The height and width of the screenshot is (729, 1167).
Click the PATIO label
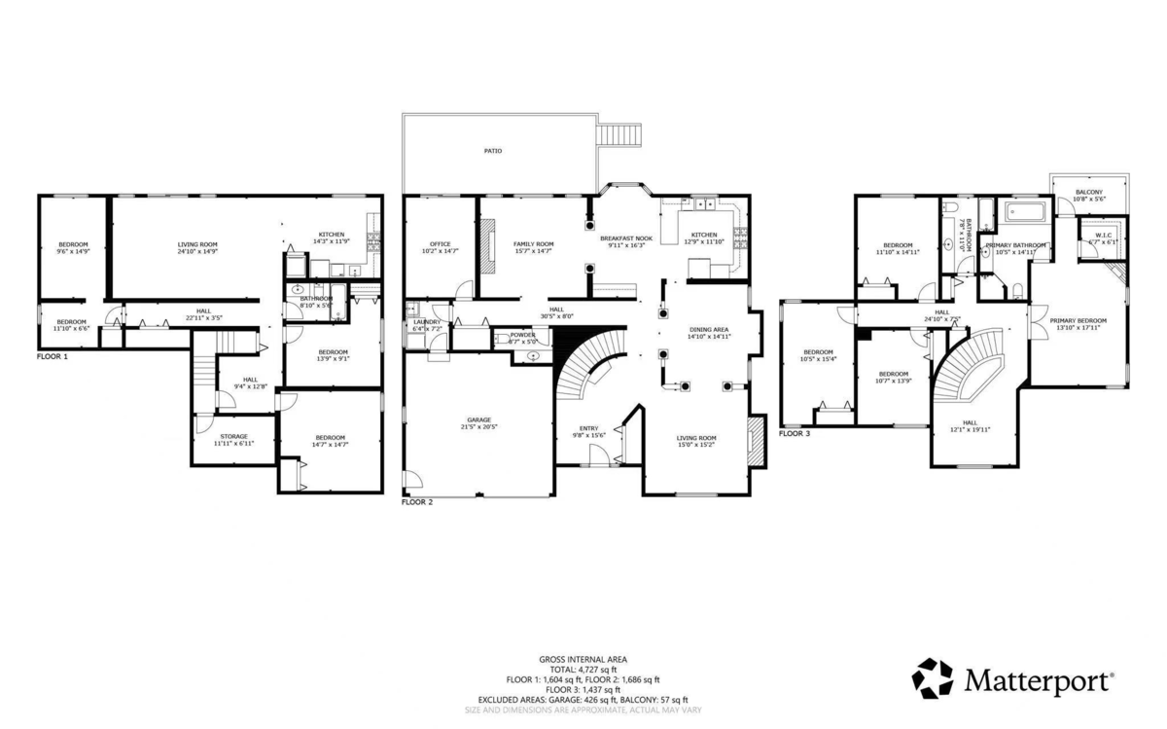point(494,151)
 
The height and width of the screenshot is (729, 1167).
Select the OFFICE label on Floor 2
point(441,244)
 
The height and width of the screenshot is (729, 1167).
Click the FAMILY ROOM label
point(534,244)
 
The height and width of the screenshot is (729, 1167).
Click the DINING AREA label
point(709,330)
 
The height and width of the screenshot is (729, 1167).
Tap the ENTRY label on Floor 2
point(589,428)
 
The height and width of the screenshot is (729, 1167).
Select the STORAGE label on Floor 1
point(233,436)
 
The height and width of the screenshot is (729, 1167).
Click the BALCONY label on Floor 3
point(1088,193)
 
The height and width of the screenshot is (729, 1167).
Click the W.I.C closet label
point(1103,235)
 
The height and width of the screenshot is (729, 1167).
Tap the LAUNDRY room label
point(427,322)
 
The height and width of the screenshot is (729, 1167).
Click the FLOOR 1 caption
point(53,357)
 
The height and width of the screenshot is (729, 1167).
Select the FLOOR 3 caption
point(794,433)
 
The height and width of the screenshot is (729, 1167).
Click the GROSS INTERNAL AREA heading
point(583,659)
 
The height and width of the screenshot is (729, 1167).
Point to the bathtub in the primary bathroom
point(1026,211)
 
